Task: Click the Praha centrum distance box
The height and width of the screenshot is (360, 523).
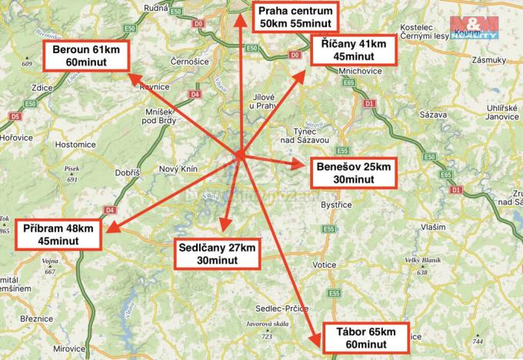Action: pos(296,17)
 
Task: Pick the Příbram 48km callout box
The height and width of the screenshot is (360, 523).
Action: pos(58,235)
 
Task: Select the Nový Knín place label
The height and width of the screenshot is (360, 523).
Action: pos(178,169)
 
